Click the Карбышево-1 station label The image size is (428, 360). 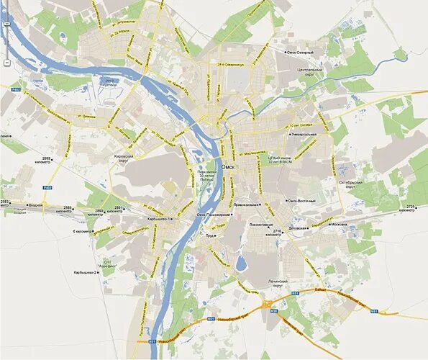(x=159, y=217)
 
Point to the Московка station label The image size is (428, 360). (x=340, y=225)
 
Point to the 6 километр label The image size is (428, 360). (x=83, y=232)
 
